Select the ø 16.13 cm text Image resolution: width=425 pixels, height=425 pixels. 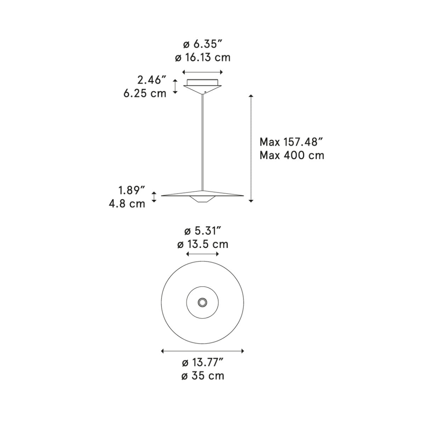[x=203, y=58]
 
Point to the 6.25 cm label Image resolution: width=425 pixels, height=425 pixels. [x=145, y=93]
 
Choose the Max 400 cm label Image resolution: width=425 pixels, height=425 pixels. [x=292, y=155]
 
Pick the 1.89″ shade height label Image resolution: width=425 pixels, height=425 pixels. [x=132, y=190]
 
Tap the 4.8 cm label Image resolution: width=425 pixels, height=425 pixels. [x=127, y=203]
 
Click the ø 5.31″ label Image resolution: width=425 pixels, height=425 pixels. [x=203, y=231]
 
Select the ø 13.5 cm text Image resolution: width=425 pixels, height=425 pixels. [x=203, y=244]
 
